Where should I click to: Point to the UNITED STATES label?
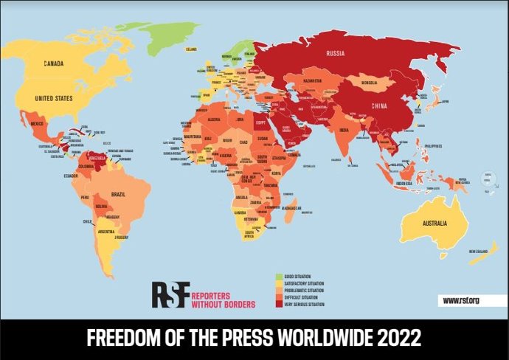(x=55, y=97)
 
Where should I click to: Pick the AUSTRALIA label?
(x=433, y=223)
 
